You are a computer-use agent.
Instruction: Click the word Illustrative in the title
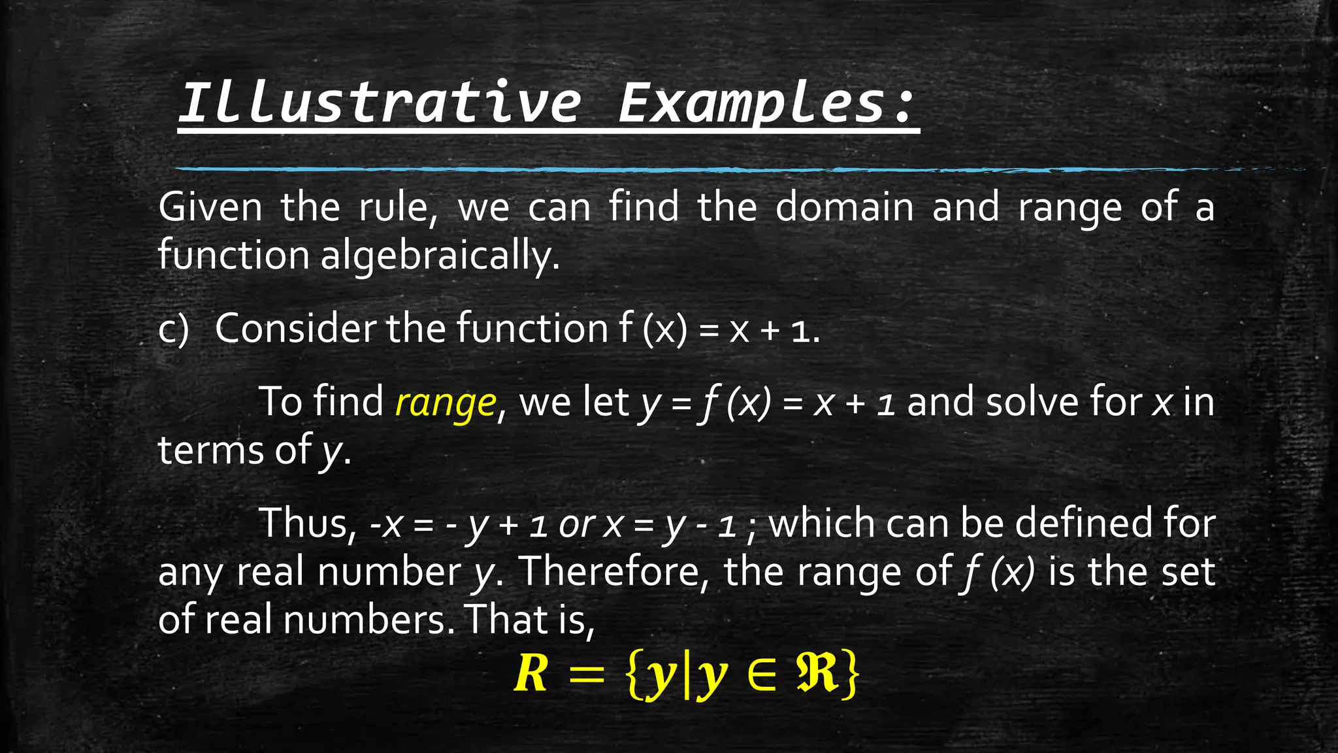(x=379, y=103)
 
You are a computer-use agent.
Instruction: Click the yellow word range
(x=446, y=403)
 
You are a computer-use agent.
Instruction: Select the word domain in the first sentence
(x=845, y=207)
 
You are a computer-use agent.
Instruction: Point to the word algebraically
(x=440, y=255)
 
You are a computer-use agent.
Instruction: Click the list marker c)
(x=174, y=329)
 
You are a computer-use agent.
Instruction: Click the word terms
(x=210, y=450)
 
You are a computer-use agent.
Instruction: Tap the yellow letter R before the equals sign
(x=530, y=674)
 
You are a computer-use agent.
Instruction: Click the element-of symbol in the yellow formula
(x=762, y=675)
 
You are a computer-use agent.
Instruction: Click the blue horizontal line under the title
(x=653, y=169)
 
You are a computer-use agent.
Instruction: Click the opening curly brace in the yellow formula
(x=634, y=675)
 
